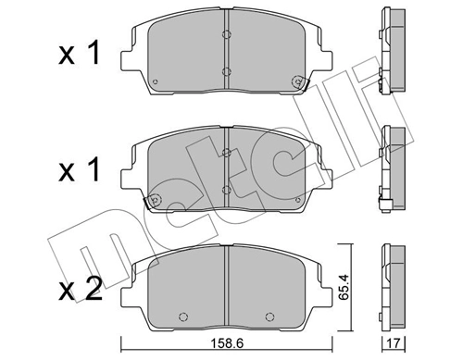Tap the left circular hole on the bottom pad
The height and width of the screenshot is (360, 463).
pyautogui.click(x=181, y=311)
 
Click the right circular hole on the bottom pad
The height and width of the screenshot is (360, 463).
pyautogui.click(x=274, y=311)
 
